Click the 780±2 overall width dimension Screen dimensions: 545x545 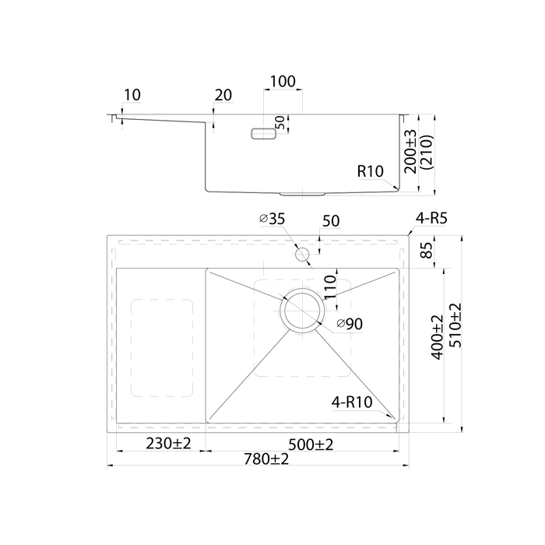(266, 459)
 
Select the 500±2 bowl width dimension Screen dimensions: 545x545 (311, 445)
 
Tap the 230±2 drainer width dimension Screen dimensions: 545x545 (169, 444)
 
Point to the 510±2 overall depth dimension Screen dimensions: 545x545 (455, 325)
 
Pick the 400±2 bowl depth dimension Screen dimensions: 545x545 (438, 337)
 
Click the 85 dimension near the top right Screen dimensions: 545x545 (427, 250)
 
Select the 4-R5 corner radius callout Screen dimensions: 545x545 (431, 218)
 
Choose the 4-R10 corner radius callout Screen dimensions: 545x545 (352, 403)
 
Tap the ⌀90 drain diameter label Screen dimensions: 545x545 (350, 324)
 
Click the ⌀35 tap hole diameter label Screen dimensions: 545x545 (272, 219)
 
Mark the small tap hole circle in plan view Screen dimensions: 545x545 (302, 255)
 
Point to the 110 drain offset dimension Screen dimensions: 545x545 (330, 287)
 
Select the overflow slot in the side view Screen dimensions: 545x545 (264, 134)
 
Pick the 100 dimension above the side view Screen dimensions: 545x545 (283, 81)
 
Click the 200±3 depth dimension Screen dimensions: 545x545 (410, 152)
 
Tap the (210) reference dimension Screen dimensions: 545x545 (427, 152)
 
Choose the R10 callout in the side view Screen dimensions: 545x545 (371, 171)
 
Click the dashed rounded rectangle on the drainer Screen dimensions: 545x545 (162, 347)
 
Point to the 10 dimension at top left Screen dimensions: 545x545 (132, 95)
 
